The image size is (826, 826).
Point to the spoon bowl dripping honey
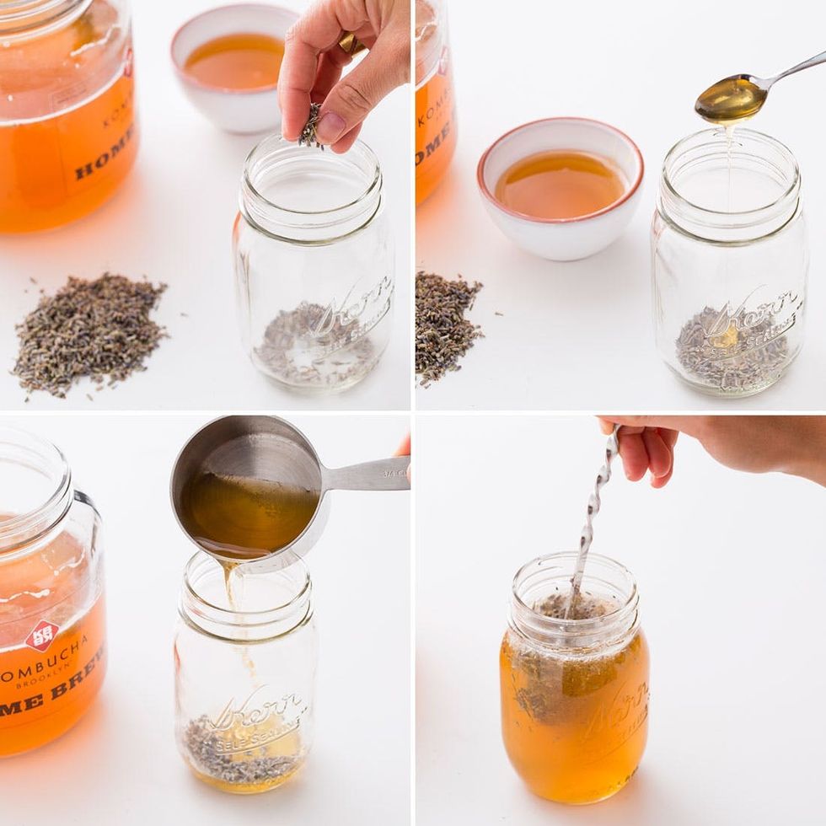coord(730,99)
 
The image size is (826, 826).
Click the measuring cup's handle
coord(367,475)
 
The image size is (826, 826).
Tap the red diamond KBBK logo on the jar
coord(42,635)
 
